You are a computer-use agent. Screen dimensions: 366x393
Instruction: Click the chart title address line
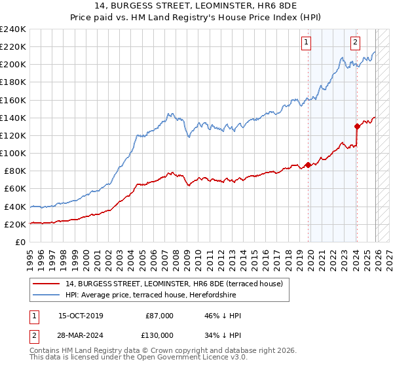(x=196, y=6)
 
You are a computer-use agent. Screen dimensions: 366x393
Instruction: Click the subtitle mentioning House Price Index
(x=196, y=18)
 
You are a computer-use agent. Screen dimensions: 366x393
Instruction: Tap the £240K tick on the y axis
(x=13, y=29)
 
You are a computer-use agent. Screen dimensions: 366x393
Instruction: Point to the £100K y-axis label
(x=13, y=153)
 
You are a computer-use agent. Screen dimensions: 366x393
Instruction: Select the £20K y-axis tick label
(x=14, y=224)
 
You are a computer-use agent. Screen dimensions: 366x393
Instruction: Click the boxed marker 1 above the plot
(x=307, y=43)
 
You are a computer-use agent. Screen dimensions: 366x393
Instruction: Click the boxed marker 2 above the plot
(x=355, y=43)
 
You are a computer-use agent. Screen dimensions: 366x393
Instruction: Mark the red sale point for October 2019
(x=308, y=165)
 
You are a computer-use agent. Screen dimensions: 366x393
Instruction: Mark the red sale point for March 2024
(x=357, y=126)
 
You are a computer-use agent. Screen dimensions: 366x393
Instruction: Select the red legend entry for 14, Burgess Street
(x=174, y=284)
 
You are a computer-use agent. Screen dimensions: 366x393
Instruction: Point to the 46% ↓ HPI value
(x=223, y=316)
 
